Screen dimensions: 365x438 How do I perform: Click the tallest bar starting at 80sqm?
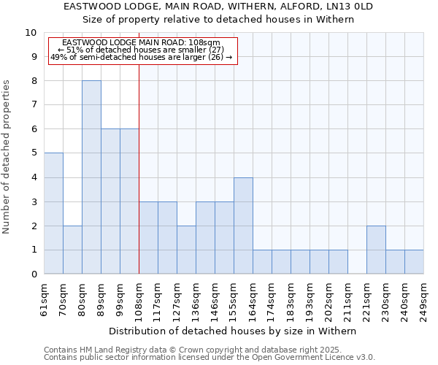pyautogui.click(x=91, y=177)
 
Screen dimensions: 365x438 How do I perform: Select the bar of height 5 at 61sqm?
pyautogui.click(x=53, y=213)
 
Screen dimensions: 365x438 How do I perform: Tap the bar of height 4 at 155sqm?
pyautogui.click(x=243, y=226)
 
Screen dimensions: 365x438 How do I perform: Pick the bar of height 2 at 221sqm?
pyautogui.click(x=376, y=250)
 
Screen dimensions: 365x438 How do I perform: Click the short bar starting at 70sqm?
pyautogui.click(x=72, y=250)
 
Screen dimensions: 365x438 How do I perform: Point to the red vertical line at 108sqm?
pyautogui.click(x=139, y=168)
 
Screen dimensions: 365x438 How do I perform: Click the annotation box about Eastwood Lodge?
pyautogui.click(x=142, y=50)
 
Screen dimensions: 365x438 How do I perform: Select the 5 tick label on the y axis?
pyautogui.click(x=33, y=153)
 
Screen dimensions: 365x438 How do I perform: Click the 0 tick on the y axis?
pyautogui.click(x=33, y=274)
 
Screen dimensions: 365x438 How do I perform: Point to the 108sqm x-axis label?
pyautogui.click(x=139, y=299)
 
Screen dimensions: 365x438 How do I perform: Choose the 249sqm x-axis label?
pyautogui.click(x=423, y=299)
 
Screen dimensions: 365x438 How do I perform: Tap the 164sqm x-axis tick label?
pyautogui.click(x=253, y=299)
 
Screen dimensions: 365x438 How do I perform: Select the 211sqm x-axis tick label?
pyautogui.click(x=347, y=299)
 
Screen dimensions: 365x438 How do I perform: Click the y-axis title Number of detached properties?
pyautogui.click(x=7, y=157)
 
